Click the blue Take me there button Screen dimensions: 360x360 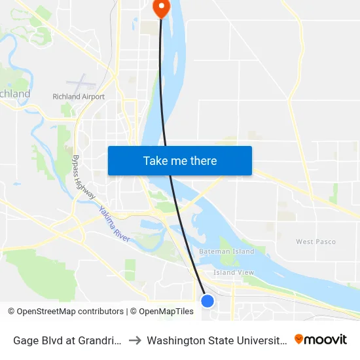click(x=180, y=160)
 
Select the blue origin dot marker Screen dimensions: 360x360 click(x=207, y=300)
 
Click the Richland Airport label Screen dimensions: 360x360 click(x=79, y=97)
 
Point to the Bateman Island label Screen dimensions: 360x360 click(x=226, y=252)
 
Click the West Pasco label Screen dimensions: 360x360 click(x=315, y=242)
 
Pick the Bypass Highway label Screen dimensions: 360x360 click(x=84, y=177)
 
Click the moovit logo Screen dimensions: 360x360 click(x=321, y=339)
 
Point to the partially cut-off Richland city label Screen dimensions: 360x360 click(x=14, y=94)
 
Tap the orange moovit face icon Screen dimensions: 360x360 click(x=299, y=339)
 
